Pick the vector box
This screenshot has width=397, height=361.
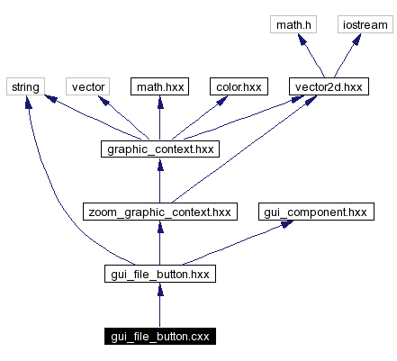click(88, 87)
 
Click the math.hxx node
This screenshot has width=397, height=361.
click(159, 87)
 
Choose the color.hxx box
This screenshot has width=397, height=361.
click(238, 87)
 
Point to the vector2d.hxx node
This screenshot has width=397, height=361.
click(326, 87)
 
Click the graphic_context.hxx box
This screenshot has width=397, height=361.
click(159, 149)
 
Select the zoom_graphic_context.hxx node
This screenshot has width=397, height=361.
click(159, 212)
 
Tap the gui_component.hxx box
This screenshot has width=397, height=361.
click(315, 212)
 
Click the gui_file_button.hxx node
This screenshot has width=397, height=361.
click(159, 275)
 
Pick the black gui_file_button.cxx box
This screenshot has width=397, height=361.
click(159, 338)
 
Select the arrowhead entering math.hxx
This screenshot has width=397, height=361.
click(159, 104)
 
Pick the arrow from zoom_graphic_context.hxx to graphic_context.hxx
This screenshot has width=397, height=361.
click(159, 185)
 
